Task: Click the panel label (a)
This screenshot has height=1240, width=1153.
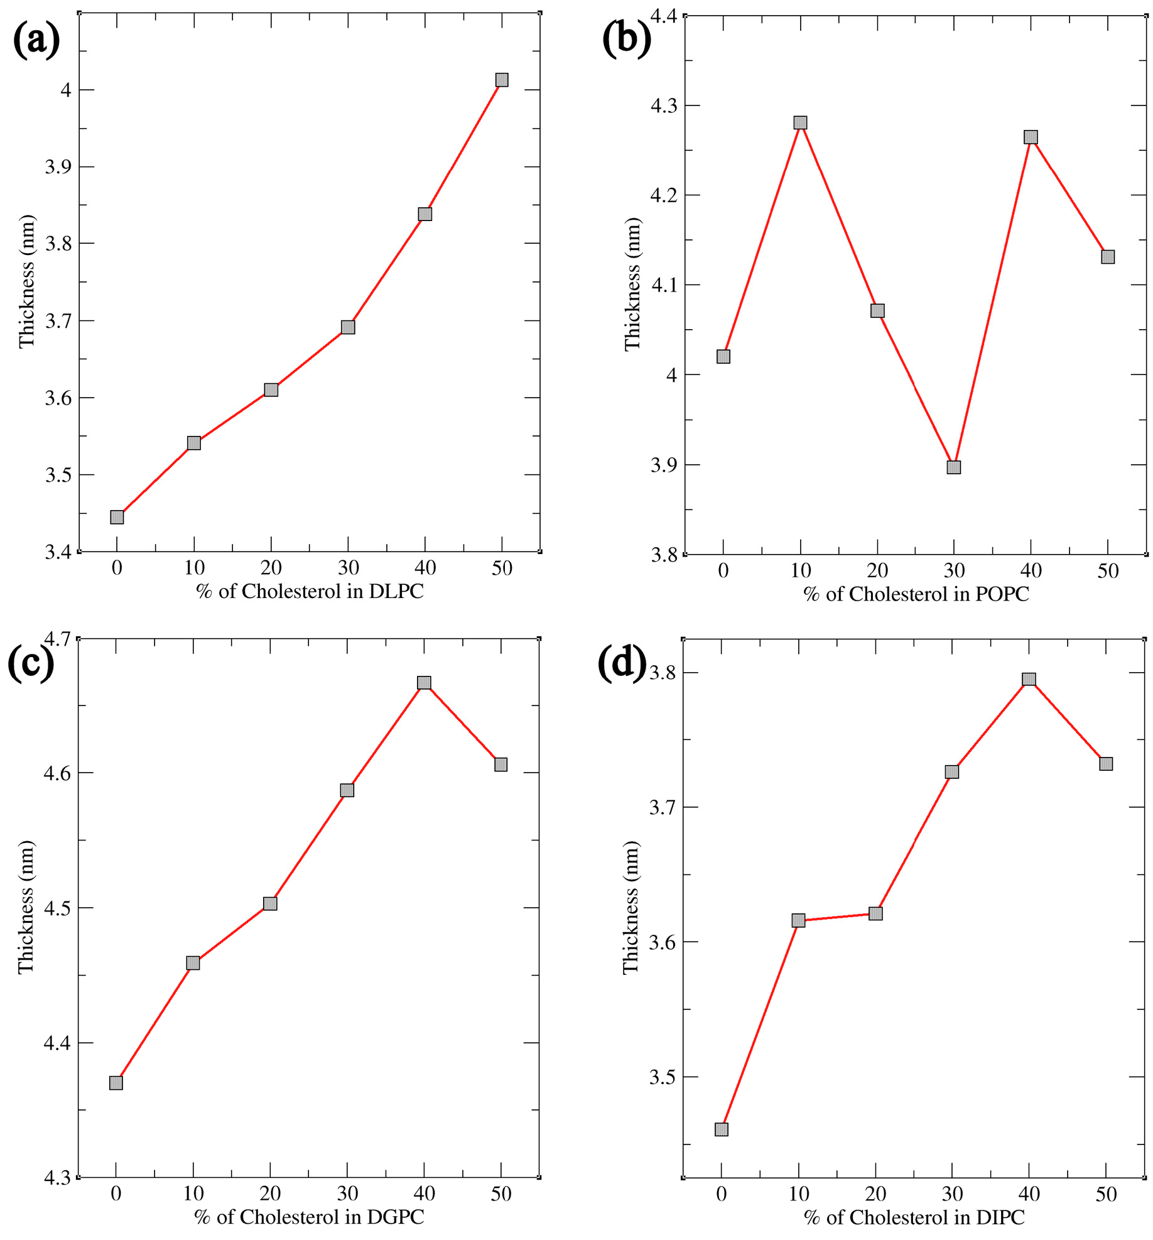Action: tap(36, 39)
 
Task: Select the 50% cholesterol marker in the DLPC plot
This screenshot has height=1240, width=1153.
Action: tap(501, 80)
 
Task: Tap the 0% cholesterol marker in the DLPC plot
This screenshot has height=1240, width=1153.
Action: tap(117, 517)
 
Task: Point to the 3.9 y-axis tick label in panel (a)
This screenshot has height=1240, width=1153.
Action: tap(58, 167)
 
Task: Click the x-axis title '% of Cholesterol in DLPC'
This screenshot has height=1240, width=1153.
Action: tap(310, 591)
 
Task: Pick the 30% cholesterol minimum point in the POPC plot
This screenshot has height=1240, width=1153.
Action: tap(953, 467)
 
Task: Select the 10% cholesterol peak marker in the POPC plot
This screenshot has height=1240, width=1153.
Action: tap(800, 122)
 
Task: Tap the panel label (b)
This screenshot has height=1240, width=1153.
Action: tap(626, 39)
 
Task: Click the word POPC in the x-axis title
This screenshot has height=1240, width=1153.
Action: tap(1002, 594)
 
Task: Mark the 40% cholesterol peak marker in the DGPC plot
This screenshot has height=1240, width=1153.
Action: tap(424, 683)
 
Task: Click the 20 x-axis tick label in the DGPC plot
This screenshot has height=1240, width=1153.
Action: tap(270, 1194)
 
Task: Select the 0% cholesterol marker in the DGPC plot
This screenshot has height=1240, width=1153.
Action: tap(116, 1083)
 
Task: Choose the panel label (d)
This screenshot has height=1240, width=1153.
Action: tap(621, 663)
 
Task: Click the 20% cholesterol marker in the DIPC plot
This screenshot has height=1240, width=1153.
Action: tap(875, 913)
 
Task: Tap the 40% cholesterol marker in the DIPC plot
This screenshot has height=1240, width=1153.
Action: tap(1029, 679)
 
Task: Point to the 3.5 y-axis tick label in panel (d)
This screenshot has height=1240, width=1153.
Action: tap(663, 1077)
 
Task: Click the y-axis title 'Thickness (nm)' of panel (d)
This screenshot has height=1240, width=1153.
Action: tap(631, 908)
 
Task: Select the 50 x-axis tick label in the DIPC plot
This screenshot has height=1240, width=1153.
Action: tap(1106, 1194)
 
